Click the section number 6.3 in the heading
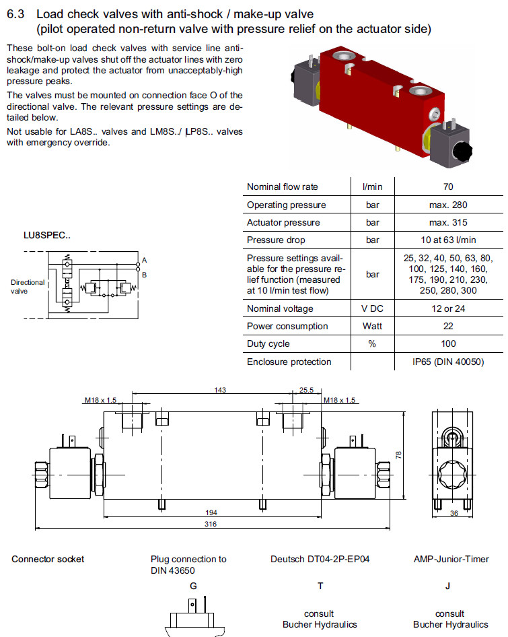(x=15, y=13)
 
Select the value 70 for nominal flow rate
(x=448, y=187)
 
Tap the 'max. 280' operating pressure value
(x=448, y=205)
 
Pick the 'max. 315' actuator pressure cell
(x=448, y=222)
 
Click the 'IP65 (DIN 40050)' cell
(x=448, y=362)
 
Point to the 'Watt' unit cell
(x=373, y=326)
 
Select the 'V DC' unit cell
(x=373, y=308)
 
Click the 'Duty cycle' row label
(x=268, y=344)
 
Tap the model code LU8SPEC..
(x=47, y=236)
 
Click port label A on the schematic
(x=144, y=260)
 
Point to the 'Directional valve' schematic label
(x=28, y=287)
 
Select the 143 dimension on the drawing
(x=219, y=390)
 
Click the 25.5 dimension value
(x=306, y=390)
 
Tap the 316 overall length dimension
(x=211, y=525)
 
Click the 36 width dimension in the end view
(x=453, y=513)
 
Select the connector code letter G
(x=193, y=585)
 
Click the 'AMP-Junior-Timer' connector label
(x=451, y=559)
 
